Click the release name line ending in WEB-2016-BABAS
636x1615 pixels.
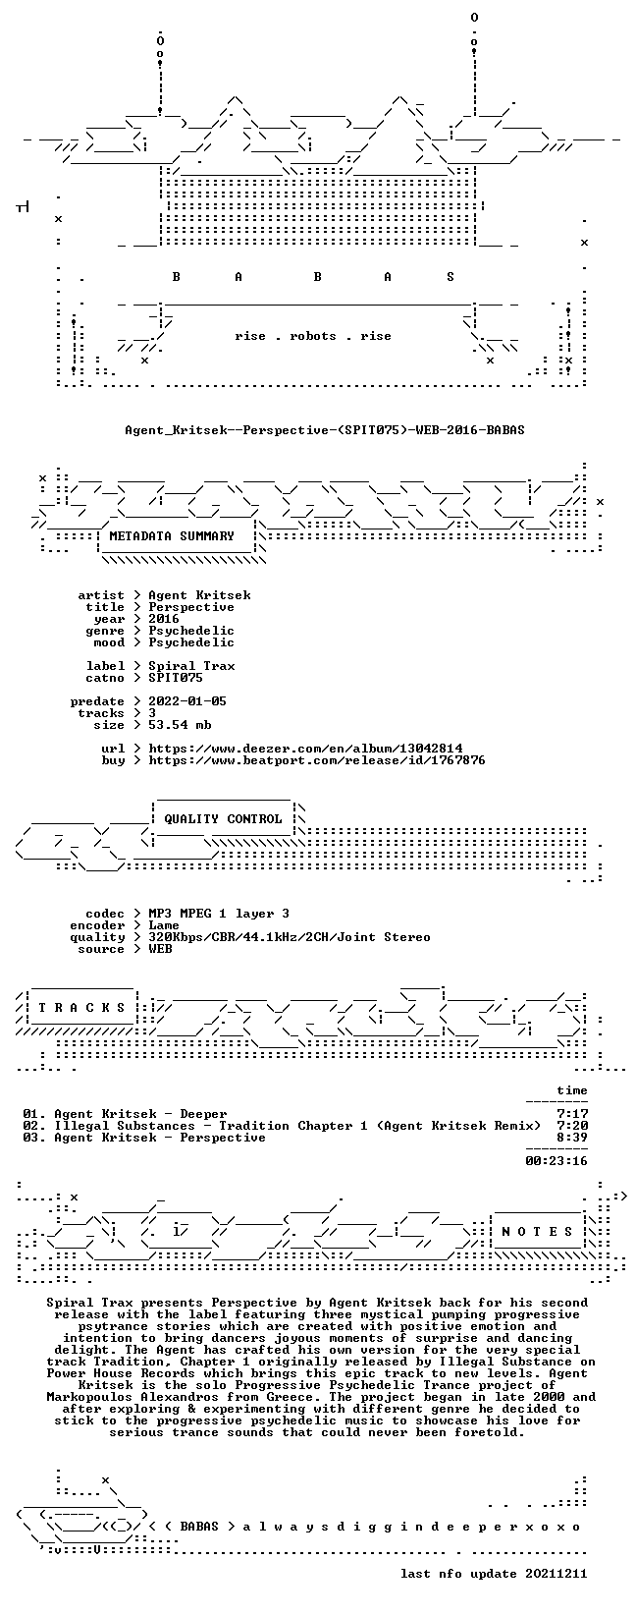(x=325, y=430)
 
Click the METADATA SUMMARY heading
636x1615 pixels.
(x=172, y=535)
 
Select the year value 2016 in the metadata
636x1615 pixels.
(x=164, y=619)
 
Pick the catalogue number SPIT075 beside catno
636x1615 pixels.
(x=176, y=678)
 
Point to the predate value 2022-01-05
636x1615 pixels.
(x=187, y=700)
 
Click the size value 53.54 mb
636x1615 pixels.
(x=180, y=725)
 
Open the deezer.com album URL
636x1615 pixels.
(x=305, y=749)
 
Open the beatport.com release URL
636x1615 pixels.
(x=317, y=760)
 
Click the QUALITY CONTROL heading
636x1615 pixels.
(x=223, y=818)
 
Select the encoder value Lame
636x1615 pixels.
(x=164, y=925)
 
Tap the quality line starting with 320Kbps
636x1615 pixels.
(x=290, y=937)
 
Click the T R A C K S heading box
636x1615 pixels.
(x=81, y=1007)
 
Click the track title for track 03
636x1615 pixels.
(x=160, y=1138)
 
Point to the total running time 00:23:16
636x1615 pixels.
(x=556, y=1161)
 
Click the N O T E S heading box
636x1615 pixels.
(x=537, y=1232)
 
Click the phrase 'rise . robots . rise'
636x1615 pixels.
(x=312, y=336)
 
